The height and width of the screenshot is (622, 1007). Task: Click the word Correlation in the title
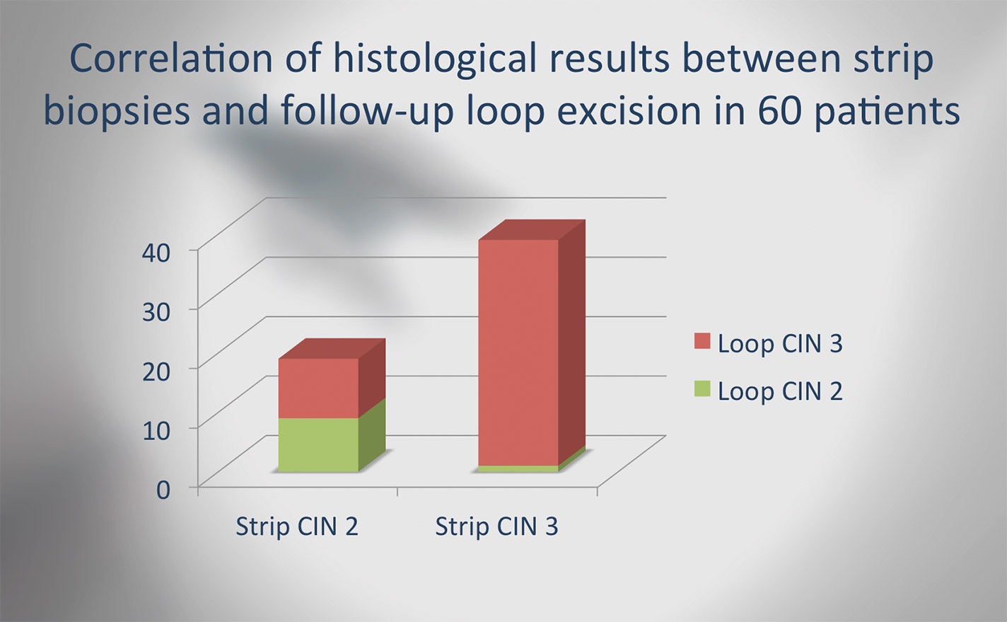171,59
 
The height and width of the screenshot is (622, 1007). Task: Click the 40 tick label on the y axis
156,253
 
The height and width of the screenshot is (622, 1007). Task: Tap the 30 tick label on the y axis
156,312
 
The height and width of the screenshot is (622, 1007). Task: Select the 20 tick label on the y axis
156,372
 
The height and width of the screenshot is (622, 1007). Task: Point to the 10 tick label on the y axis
156,431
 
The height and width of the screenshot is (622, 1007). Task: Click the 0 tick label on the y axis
163,490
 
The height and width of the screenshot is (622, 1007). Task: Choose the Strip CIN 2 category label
297,526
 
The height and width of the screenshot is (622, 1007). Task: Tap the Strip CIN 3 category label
496,526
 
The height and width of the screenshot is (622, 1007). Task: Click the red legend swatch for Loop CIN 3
702,341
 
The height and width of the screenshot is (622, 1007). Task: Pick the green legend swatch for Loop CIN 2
702,388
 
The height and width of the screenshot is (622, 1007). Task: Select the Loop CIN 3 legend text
780,344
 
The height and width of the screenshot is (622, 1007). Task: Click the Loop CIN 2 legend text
780,392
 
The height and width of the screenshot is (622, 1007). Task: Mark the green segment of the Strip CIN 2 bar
318,445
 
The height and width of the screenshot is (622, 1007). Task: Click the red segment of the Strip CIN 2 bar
318,388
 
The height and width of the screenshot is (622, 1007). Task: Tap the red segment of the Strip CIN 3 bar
518,352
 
